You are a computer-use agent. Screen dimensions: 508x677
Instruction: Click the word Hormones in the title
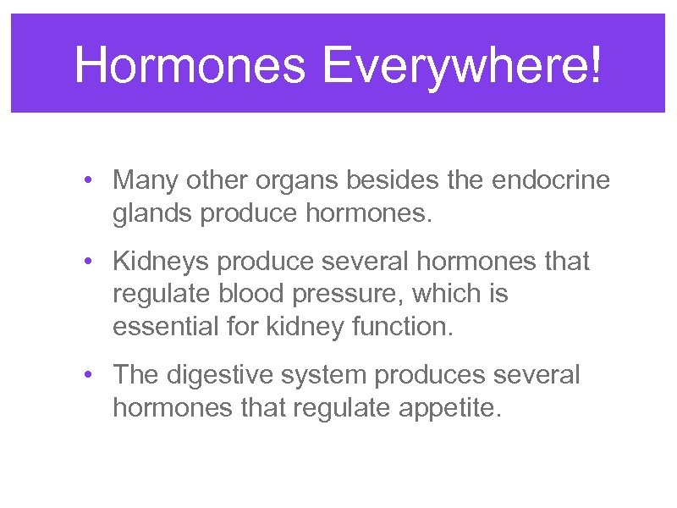[x=190, y=64]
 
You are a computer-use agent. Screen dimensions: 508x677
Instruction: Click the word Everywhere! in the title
[x=461, y=64]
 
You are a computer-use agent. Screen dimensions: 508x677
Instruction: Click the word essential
[x=162, y=326]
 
